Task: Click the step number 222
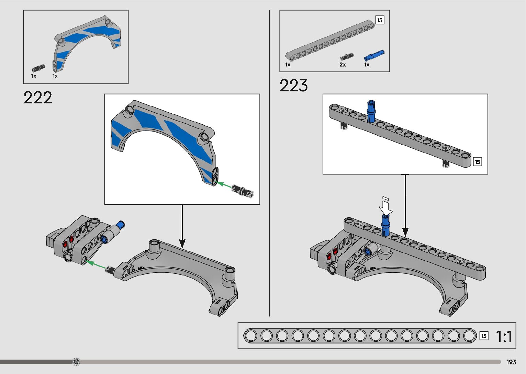coord(38,98)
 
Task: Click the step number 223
coord(293,86)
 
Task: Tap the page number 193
coord(511,362)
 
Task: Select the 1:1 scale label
coord(504,337)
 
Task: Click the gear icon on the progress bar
coord(76,362)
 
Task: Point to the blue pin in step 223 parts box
coord(374,55)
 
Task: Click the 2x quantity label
coord(343,65)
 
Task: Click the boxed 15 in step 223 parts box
coord(379,20)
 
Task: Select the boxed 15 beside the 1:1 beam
coord(484,336)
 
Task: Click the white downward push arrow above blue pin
coord(386,206)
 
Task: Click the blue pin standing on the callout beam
coord(371,111)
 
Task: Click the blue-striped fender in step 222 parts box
coord(88,39)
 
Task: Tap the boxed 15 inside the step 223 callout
coord(477,162)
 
